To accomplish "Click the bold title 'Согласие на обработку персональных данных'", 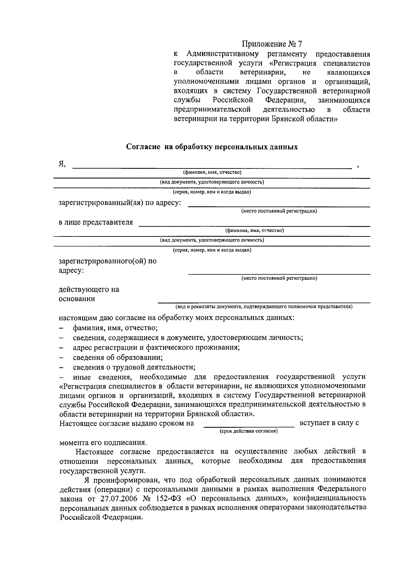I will (x=212, y=147).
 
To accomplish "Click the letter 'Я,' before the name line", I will (x=62, y=164).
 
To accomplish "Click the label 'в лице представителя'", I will (x=96, y=222).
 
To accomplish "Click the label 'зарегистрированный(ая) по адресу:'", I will (x=120, y=203).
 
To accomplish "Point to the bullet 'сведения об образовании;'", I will (x=118, y=357).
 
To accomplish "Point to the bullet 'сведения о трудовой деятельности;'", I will (x=134, y=367).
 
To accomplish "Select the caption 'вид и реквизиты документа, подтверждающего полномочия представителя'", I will (x=264, y=306).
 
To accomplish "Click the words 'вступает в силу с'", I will (x=329, y=423).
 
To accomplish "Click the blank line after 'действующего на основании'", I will (x=264, y=302).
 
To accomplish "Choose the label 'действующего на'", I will (x=89, y=289).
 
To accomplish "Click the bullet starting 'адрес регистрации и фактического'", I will (x=156, y=347).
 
